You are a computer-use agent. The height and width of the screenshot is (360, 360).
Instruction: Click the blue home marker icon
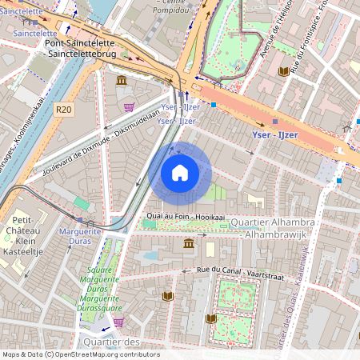180,173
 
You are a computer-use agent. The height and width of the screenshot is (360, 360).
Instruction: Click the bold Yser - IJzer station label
274,134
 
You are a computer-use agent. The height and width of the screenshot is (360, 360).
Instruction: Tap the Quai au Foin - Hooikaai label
183,216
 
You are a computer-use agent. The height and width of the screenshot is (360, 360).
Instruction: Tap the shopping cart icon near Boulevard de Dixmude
128,106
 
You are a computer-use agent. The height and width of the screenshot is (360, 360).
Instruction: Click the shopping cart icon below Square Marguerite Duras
119,322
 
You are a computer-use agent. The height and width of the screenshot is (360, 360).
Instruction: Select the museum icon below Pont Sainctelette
120,81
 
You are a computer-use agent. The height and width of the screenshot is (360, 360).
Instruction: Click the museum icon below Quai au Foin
189,243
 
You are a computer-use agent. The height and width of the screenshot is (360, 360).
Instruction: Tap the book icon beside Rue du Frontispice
282,72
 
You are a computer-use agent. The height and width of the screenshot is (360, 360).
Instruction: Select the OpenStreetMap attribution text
80,354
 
